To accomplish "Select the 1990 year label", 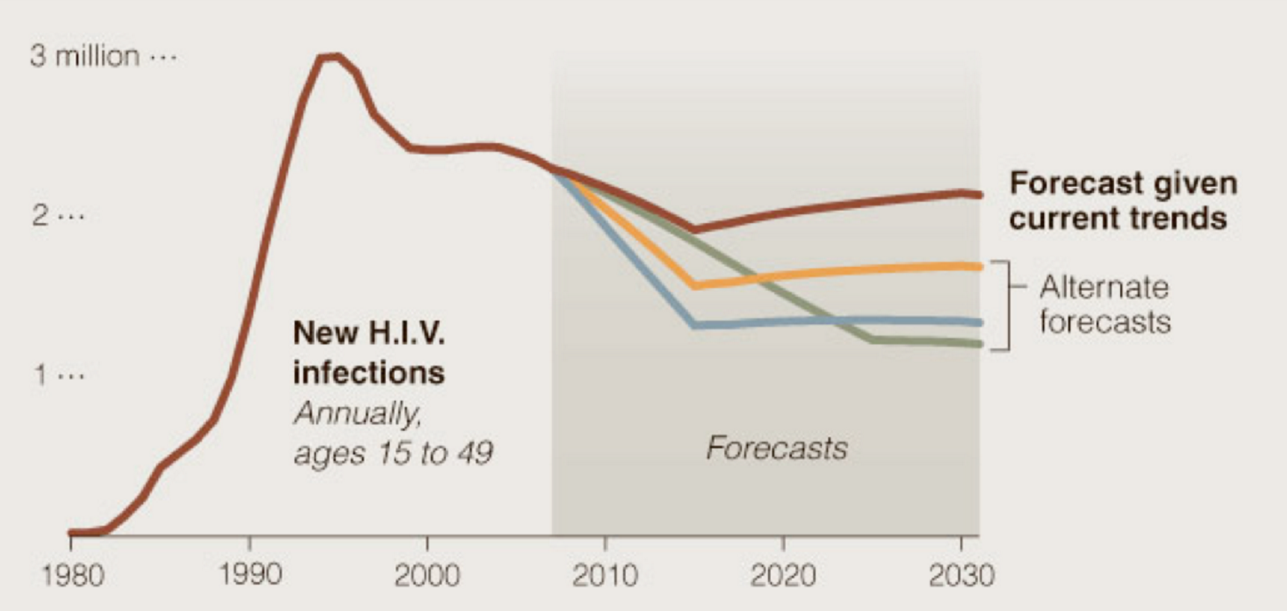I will (251, 577).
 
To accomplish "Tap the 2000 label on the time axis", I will (427, 577).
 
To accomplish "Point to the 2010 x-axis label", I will (604, 577).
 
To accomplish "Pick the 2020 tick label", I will (781, 577).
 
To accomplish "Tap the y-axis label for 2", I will (41, 216).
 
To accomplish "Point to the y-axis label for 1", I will (41, 376).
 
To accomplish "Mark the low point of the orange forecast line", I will (694, 285).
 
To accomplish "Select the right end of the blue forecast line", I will (979, 322).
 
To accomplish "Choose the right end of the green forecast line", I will (979, 343).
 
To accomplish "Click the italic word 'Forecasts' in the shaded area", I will (777, 449).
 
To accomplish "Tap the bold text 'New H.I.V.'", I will (369, 334).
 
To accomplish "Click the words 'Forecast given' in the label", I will (1122, 183).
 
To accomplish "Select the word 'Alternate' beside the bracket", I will (1104, 287).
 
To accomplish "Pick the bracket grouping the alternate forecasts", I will (1003, 305).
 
